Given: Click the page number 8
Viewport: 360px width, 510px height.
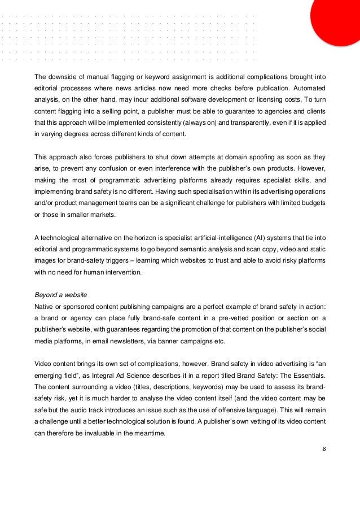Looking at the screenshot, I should point(324,449).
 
